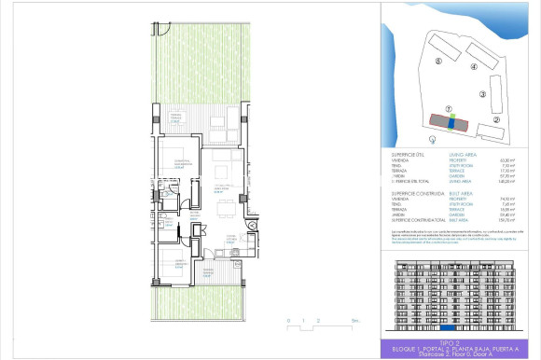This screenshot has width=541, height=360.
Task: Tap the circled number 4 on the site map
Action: [x=474, y=67]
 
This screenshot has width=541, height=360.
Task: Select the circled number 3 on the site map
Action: [x=482, y=94]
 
